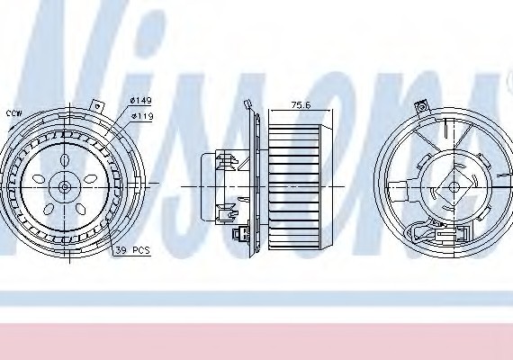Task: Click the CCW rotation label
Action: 13,113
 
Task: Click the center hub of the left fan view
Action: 64,186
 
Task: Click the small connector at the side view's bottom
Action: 239,238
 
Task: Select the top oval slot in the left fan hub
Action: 64,160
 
